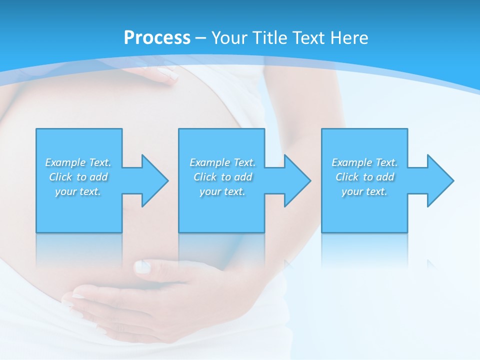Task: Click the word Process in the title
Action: pos(157,38)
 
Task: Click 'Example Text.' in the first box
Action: pos(78,162)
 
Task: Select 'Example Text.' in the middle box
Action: pos(222,162)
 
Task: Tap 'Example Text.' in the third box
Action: pos(364,162)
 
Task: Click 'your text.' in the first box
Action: pos(78,191)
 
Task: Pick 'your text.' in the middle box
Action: pos(222,191)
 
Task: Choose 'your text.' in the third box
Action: pos(364,191)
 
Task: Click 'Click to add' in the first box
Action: pos(78,177)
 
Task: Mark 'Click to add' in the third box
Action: pos(364,177)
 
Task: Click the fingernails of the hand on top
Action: pos(167,75)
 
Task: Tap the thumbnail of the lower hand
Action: pos(143,267)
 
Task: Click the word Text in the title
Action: pos(309,38)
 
